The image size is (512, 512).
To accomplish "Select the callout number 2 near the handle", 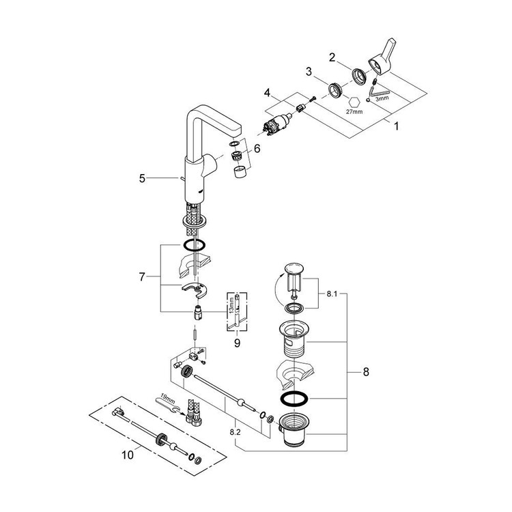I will pos(332,58).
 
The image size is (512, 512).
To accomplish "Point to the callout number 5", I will pos(142,179).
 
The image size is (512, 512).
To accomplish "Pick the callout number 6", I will pos(257,148).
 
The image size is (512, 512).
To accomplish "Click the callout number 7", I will pos(141,278).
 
